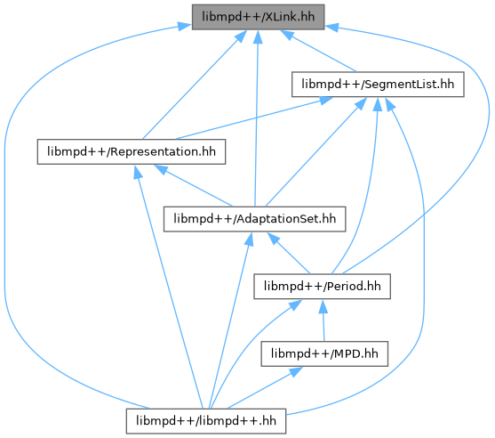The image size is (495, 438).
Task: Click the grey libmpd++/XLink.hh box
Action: (x=258, y=17)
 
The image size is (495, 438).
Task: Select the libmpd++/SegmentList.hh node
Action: (x=378, y=85)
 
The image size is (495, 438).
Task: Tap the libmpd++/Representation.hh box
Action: (x=132, y=152)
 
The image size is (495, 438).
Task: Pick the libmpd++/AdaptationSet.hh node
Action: (x=254, y=219)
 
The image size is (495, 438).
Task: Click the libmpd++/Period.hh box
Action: (x=322, y=287)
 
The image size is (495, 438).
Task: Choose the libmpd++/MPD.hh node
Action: (x=324, y=354)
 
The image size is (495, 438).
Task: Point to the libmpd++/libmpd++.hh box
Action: (x=206, y=421)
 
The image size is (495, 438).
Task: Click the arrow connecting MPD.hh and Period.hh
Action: (x=323, y=320)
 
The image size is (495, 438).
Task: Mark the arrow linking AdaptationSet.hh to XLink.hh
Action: (x=257, y=118)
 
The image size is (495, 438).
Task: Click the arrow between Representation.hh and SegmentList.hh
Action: (x=254, y=118)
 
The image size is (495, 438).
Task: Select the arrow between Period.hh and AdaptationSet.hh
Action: (x=289, y=253)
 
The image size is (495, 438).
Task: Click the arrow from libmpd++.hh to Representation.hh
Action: (x=169, y=287)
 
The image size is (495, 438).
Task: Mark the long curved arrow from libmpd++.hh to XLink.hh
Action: (x=4, y=222)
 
